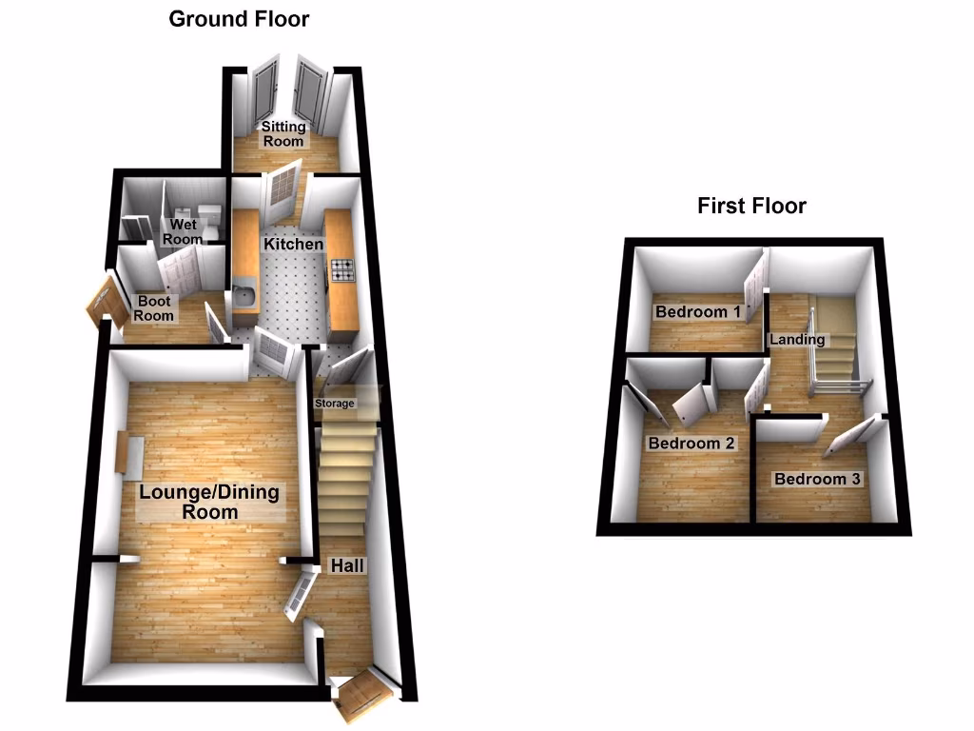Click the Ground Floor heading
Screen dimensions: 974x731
[x=239, y=18]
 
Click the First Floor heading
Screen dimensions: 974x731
[x=751, y=205]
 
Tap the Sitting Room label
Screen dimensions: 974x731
[x=283, y=133]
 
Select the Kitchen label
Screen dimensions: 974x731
[x=293, y=245]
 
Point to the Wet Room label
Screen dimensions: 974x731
[x=183, y=232]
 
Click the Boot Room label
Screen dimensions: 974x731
[x=154, y=308]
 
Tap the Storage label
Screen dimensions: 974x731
[x=336, y=404]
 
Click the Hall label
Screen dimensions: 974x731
[x=346, y=565]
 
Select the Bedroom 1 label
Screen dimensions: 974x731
[x=697, y=312]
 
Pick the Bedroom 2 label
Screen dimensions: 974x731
[x=692, y=444]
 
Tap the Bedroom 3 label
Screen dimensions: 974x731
[x=817, y=479]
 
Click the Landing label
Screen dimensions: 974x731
[x=797, y=340]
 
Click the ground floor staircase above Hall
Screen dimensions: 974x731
[x=343, y=481]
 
